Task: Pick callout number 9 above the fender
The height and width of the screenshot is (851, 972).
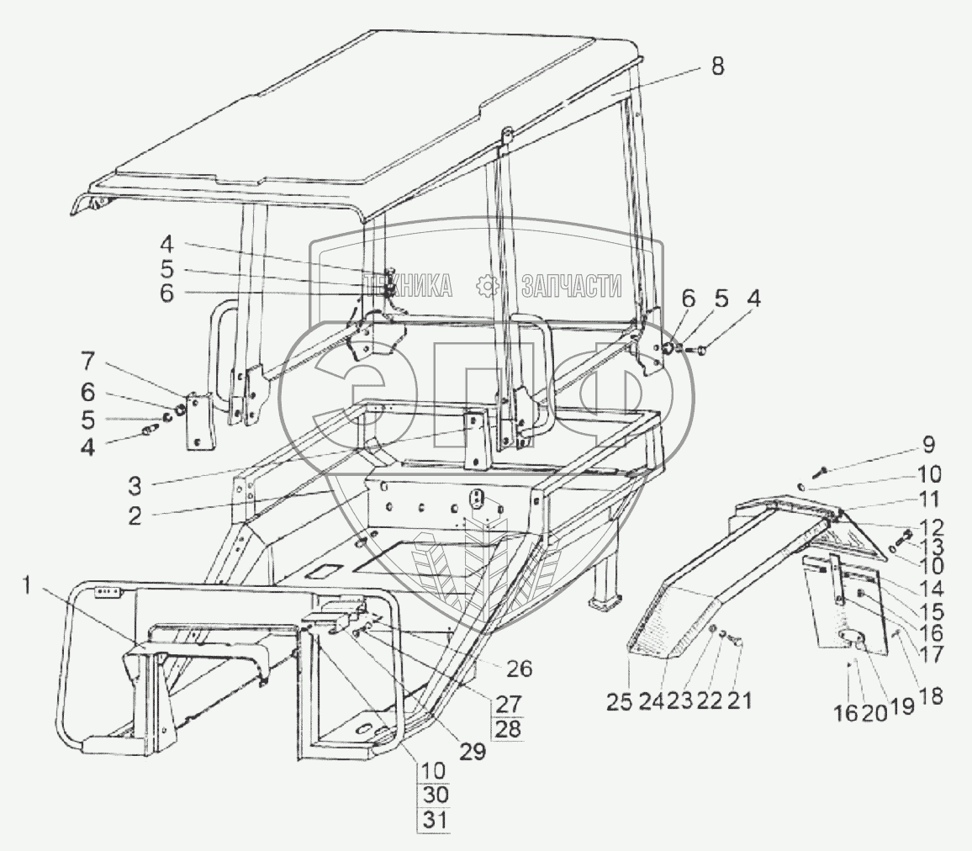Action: pos(928,443)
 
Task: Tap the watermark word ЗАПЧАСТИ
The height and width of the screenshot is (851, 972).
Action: pos(571,287)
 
